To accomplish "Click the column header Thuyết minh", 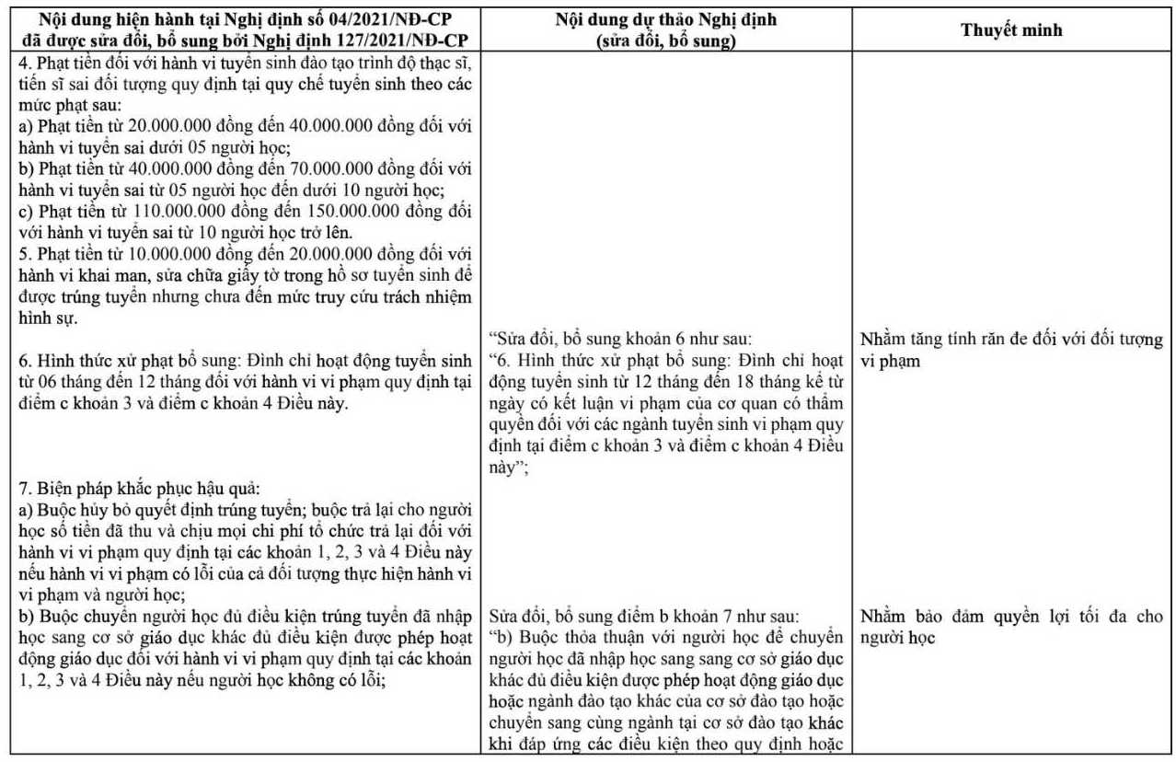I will click(1011, 29).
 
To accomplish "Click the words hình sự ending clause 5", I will click(41, 317).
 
